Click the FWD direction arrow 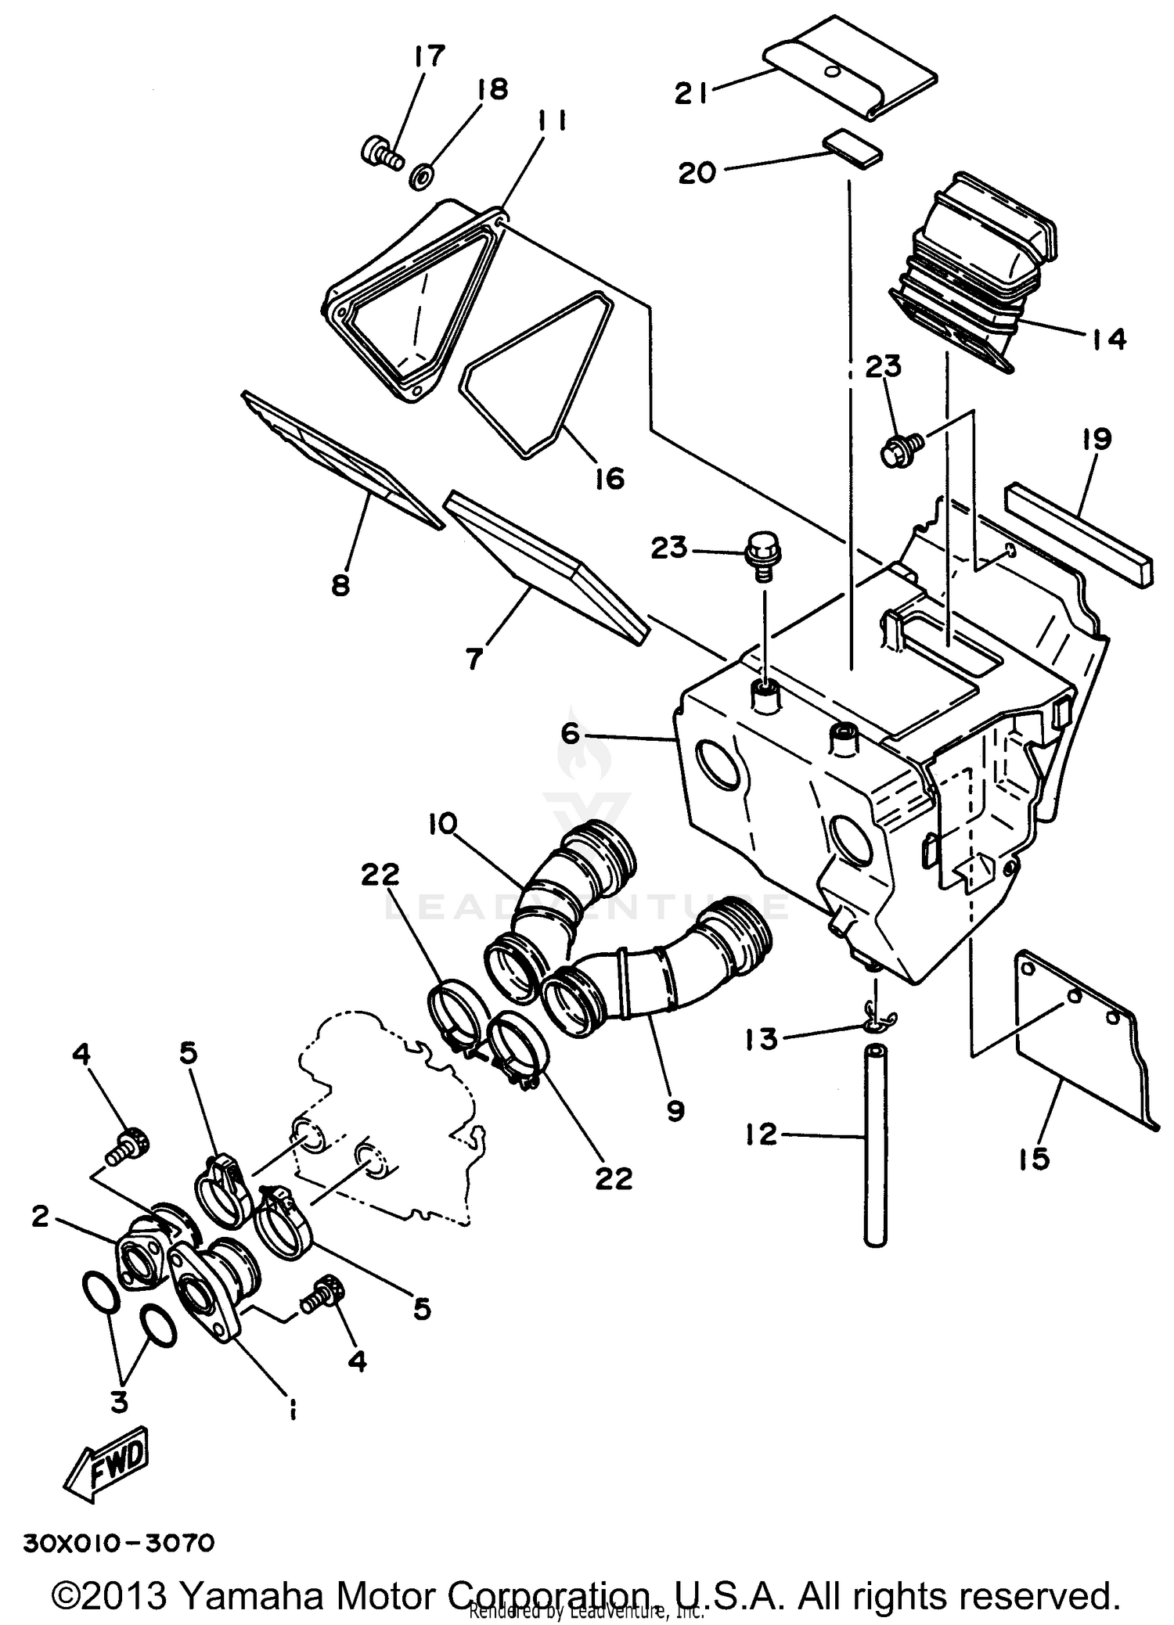(106, 1464)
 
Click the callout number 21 (691, 94)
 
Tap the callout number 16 (609, 478)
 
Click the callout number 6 (570, 734)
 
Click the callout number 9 (675, 1110)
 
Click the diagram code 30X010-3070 (118, 1544)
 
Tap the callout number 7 (474, 658)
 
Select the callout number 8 (340, 584)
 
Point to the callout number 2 (41, 1216)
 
